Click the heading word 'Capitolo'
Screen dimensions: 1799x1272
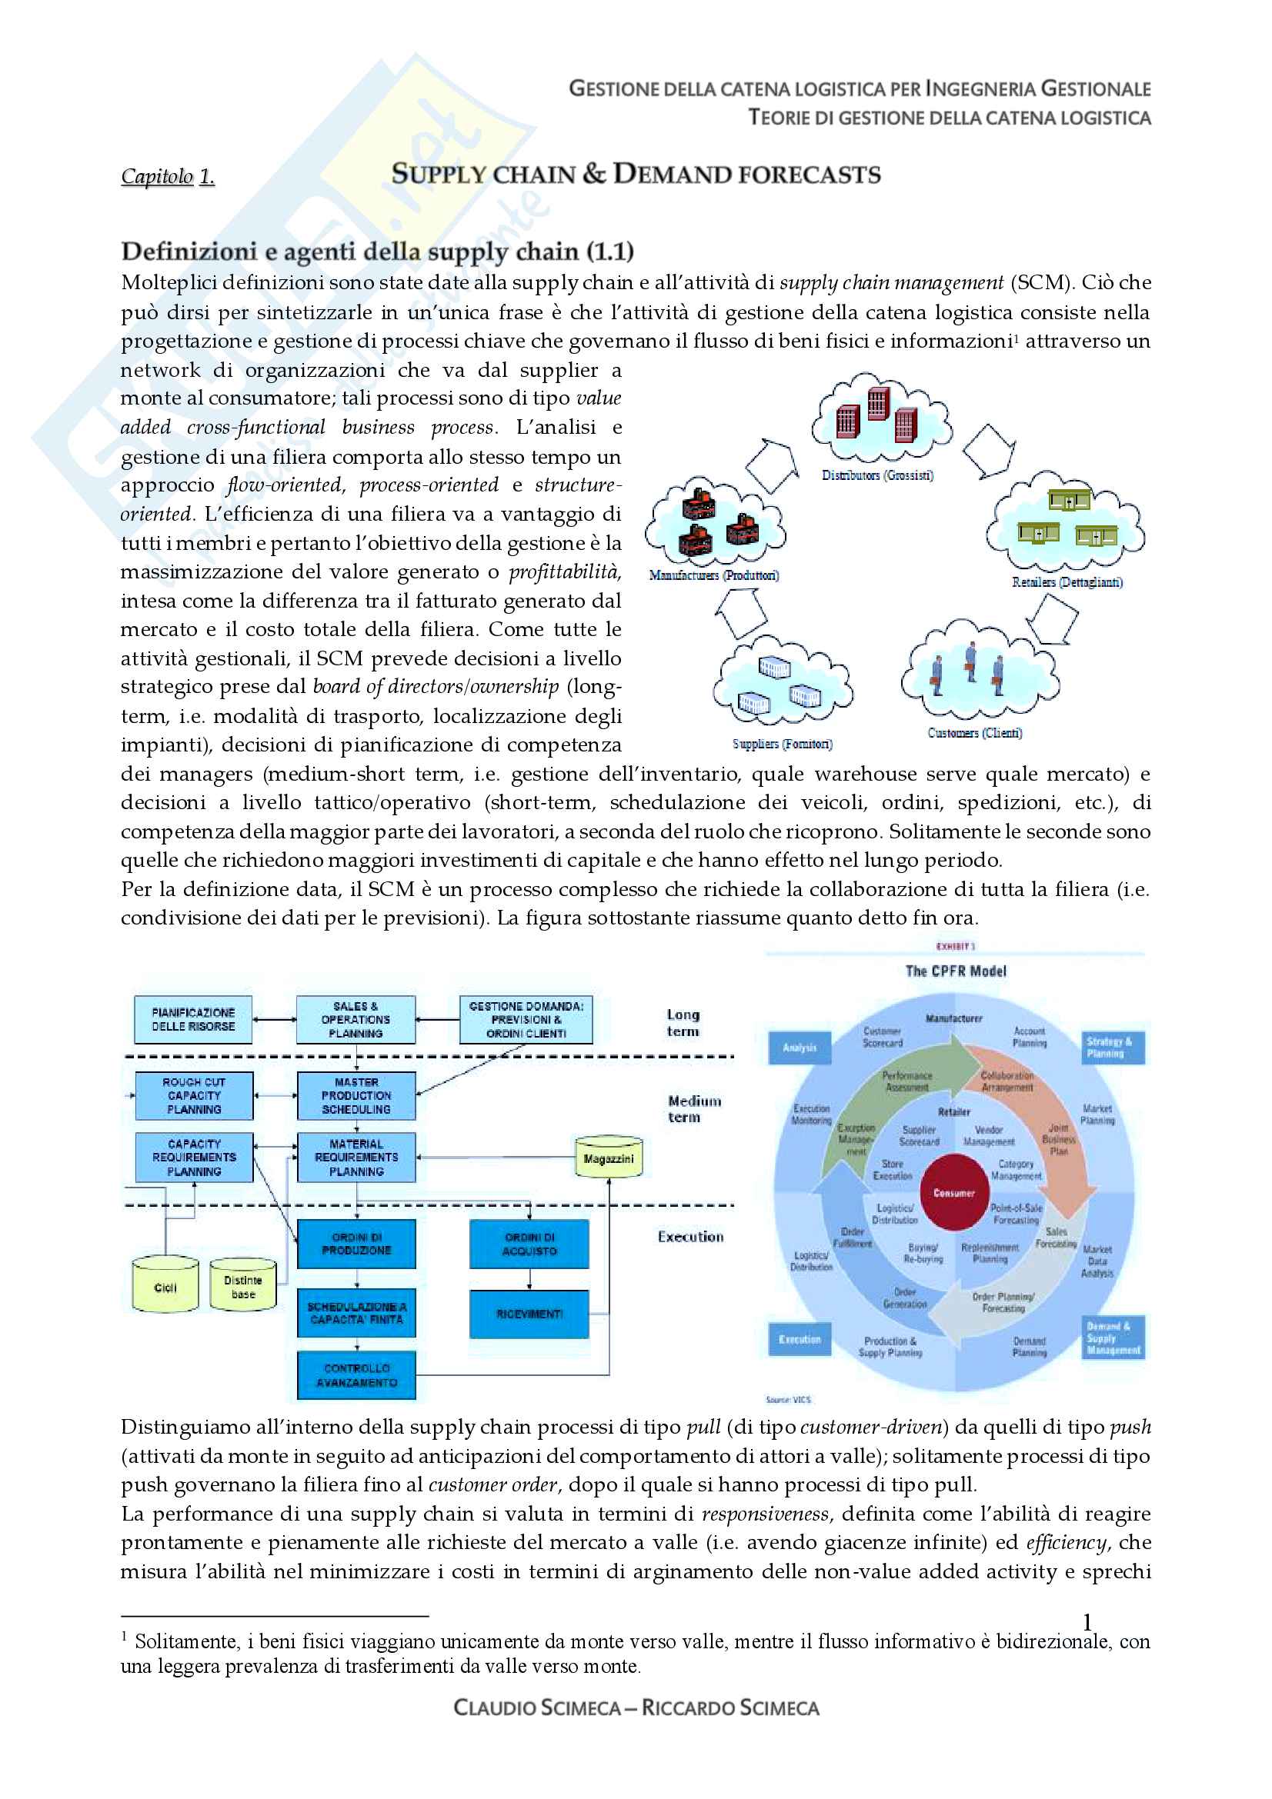[x=157, y=176]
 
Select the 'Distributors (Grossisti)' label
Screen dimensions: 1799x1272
[x=877, y=475]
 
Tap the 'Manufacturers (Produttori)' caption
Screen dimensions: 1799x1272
[x=714, y=575]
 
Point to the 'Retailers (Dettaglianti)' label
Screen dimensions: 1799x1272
[x=1067, y=582]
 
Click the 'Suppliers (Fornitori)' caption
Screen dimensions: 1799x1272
[x=782, y=744]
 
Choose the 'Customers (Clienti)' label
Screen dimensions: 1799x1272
[x=974, y=733]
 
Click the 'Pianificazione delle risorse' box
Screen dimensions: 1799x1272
[x=193, y=1019]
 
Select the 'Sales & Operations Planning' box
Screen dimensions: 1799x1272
[x=356, y=1019]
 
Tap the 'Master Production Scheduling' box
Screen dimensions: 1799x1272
[x=356, y=1095]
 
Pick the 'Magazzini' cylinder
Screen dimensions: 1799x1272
[x=609, y=1158]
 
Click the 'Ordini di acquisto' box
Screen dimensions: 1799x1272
[x=529, y=1244]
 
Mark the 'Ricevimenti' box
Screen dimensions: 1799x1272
[x=529, y=1314]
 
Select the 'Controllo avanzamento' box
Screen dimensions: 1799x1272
[x=356, y=1375]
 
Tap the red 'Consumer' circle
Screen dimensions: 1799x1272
[x=953, y=1193]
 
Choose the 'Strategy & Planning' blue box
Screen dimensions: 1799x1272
[x=1112, y=1048]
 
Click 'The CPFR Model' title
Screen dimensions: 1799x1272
[x=956, y=971]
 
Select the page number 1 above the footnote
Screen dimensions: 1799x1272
[x=1087, y=1622]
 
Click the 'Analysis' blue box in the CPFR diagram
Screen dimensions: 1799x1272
[x=800, y=1048]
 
